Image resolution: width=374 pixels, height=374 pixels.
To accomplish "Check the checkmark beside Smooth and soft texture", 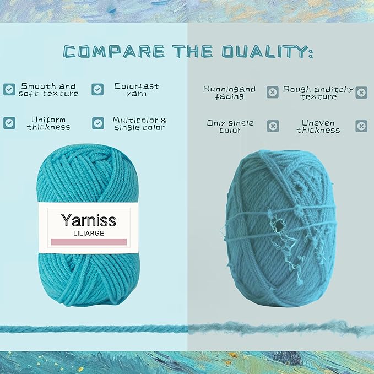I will (x=9, y=89).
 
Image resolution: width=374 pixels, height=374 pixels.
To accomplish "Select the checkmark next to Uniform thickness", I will (x=9, y=123).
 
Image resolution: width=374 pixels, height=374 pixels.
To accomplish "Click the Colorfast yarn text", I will (x=136, y=89).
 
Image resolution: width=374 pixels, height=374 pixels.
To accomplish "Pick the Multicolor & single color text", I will (x=139, y=123).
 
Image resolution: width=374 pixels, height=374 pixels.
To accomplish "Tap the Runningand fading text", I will (x=230, y=92).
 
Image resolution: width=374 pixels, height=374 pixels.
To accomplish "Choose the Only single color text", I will (x=230, y=126).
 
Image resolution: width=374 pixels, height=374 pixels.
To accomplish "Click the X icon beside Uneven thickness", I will (x=361, y=126).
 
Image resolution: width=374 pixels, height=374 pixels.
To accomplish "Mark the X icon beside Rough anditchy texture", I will (x=361, y=92).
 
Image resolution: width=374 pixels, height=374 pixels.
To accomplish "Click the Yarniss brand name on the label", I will (x=89, y=220).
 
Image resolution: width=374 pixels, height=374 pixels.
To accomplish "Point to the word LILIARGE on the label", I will (x=89, y=233).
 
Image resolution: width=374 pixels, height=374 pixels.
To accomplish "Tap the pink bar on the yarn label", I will (x=89, y=242).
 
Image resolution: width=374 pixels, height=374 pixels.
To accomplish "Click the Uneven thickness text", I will (x=318, y=126).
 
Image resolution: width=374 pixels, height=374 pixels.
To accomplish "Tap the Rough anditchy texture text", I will (x=318, y=93).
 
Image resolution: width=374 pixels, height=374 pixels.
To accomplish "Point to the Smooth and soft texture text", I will (x=48, y=90).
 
